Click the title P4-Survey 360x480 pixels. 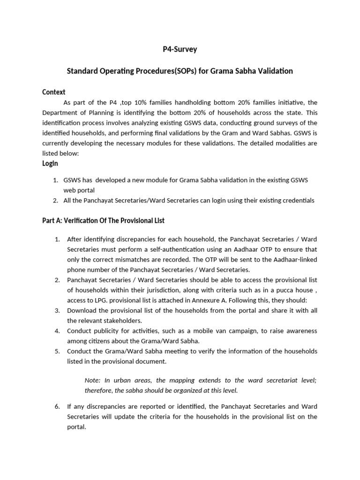pos(180,49)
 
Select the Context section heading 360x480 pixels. pos(54,92)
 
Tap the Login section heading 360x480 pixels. pos(50,163)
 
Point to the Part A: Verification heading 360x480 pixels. pos(103,221)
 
